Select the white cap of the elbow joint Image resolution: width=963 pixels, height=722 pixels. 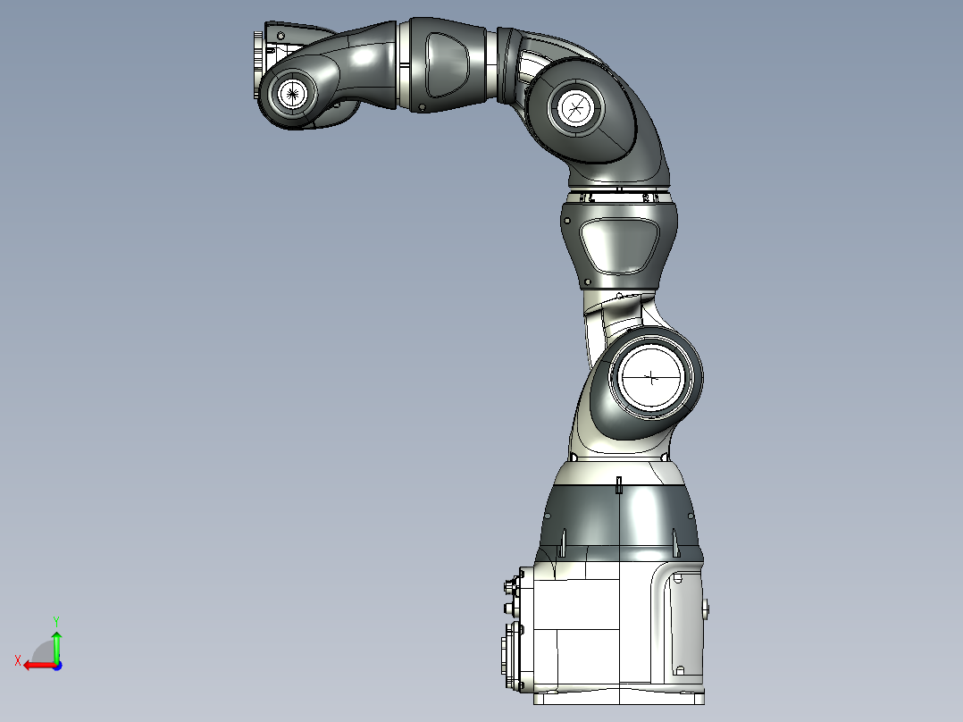click(575, 108)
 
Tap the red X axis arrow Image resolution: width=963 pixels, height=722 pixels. click(36, 665)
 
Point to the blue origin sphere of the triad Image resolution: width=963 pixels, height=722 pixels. click(56, 665)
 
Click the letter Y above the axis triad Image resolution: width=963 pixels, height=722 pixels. click(55, 619)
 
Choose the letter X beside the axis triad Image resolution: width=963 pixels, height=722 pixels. click(17, 660)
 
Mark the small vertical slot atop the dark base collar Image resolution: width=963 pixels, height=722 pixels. click(619, 485)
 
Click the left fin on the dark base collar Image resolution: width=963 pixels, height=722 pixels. click(565, 541)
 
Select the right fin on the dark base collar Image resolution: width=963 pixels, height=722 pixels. click(674, 541)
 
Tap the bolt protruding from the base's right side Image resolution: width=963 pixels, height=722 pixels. click(707, 610)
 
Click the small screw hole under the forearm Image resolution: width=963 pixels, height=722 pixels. click(421, 108)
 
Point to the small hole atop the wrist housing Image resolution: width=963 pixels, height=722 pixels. click(281, 34)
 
